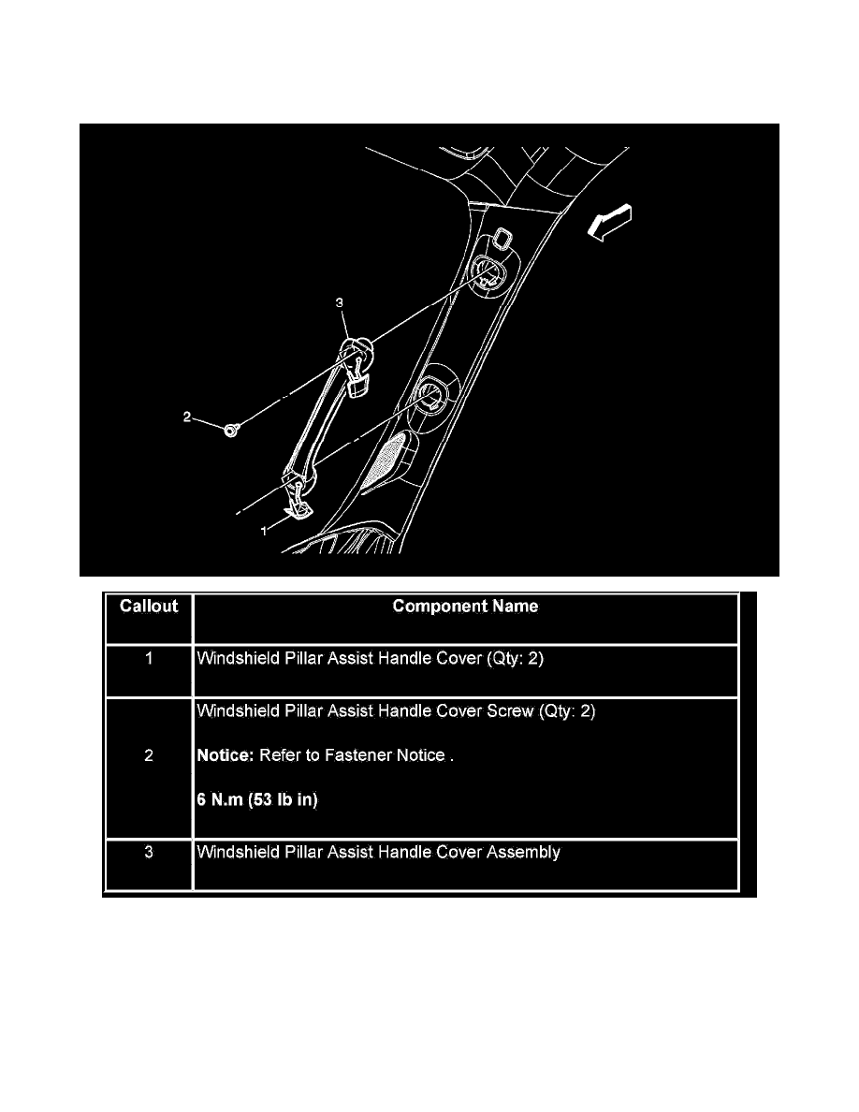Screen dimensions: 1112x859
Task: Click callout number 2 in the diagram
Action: (187, 417)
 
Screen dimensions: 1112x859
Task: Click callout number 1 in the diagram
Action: (266, 529)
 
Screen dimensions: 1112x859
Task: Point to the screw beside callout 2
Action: (230, 430)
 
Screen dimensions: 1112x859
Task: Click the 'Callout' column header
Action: (148, 607)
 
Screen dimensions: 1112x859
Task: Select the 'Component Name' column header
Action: (465, 607)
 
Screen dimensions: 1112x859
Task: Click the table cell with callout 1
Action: (148, 659)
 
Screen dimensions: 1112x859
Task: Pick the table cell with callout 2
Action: (148, 755)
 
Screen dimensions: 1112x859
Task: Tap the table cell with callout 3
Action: (148, 853)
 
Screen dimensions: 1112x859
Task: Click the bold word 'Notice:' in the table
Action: (226, 755)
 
